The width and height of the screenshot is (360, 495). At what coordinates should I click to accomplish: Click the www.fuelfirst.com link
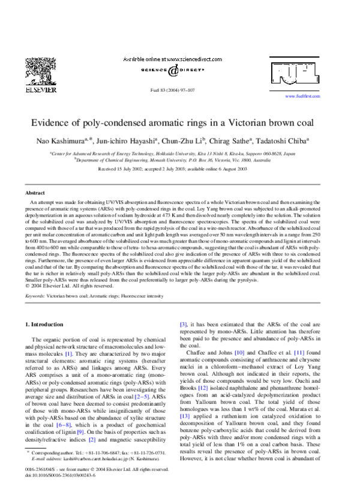click(302, 96)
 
